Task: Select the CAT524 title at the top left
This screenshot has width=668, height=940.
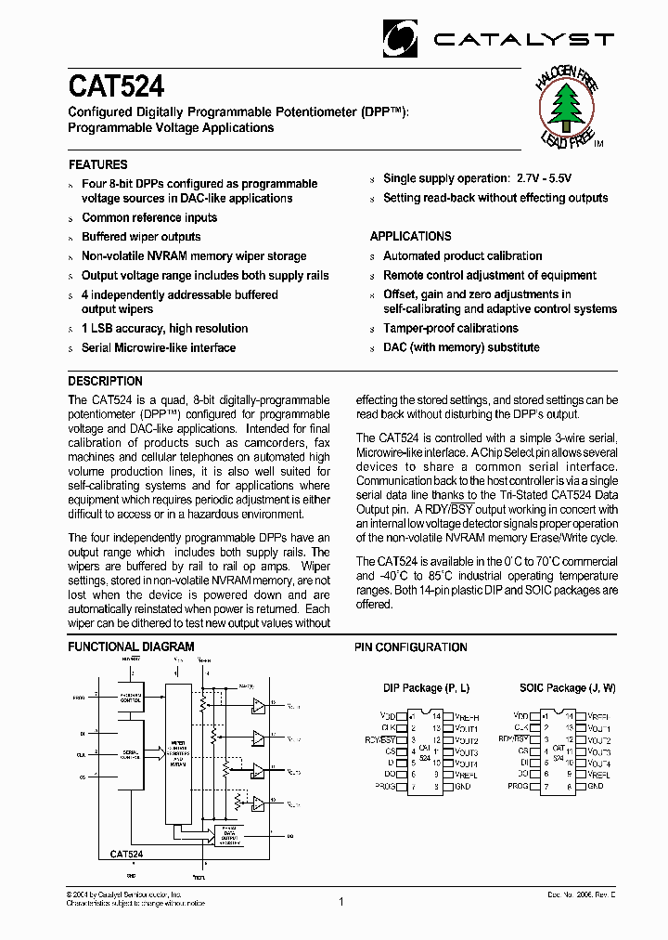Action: pyautogui.click(x=116, y=87)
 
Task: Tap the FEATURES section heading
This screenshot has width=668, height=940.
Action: pyautogui.click(x=98, y=164)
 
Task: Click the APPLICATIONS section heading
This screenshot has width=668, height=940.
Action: pyautogui.click(x=410, y=236)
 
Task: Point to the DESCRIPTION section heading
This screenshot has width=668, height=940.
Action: pyautogui.click(x=106, y=381)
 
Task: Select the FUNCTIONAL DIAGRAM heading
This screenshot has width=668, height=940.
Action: pyautogui.click(x=131, y=646)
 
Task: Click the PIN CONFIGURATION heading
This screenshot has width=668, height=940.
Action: pyautogui.click(x=411, y=646)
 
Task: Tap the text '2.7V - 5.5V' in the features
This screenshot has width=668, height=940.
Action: pyautogui.click(x=543, y=178)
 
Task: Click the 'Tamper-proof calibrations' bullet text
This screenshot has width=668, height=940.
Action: pyautogui.click(x=450, y=328)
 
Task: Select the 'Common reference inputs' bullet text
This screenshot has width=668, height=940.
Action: pyautogui.click(x=149, y=217)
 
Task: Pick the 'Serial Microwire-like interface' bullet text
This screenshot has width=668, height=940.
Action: pyautogui.click(x=159, y=347)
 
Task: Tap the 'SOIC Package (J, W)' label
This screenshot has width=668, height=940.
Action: pyautogui.click(x=566, y=687)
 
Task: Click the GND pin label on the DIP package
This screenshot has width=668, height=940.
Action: pyautogui.click(x=461, y=786)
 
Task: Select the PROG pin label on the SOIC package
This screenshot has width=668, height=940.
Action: pyautogui.click(x=518, y=786)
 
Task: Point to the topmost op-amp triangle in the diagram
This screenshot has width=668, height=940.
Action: pyautogui.click(x=259, y=707)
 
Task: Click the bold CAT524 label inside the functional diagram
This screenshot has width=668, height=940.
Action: pyautogui.click(x=126, y=853)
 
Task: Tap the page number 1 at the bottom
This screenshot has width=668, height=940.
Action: pyautogui.click(x=340, y=901)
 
